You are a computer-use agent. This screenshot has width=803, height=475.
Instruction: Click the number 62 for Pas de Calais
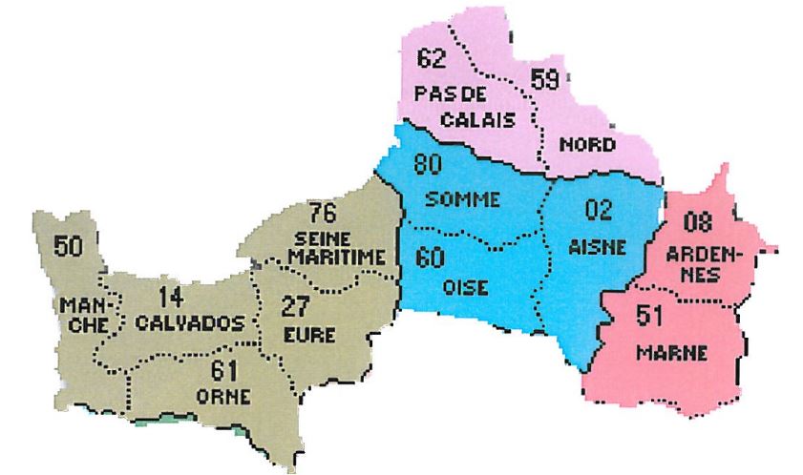coord(433,60)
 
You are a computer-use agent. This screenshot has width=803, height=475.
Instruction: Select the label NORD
coord(587,144)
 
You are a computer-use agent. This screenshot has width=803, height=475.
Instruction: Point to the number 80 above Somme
coord(430,164)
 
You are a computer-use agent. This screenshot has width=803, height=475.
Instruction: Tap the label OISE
coord(467,286)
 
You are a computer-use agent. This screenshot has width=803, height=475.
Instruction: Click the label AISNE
coord(597,246)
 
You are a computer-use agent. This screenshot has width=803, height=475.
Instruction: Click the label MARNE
coord(672,354)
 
